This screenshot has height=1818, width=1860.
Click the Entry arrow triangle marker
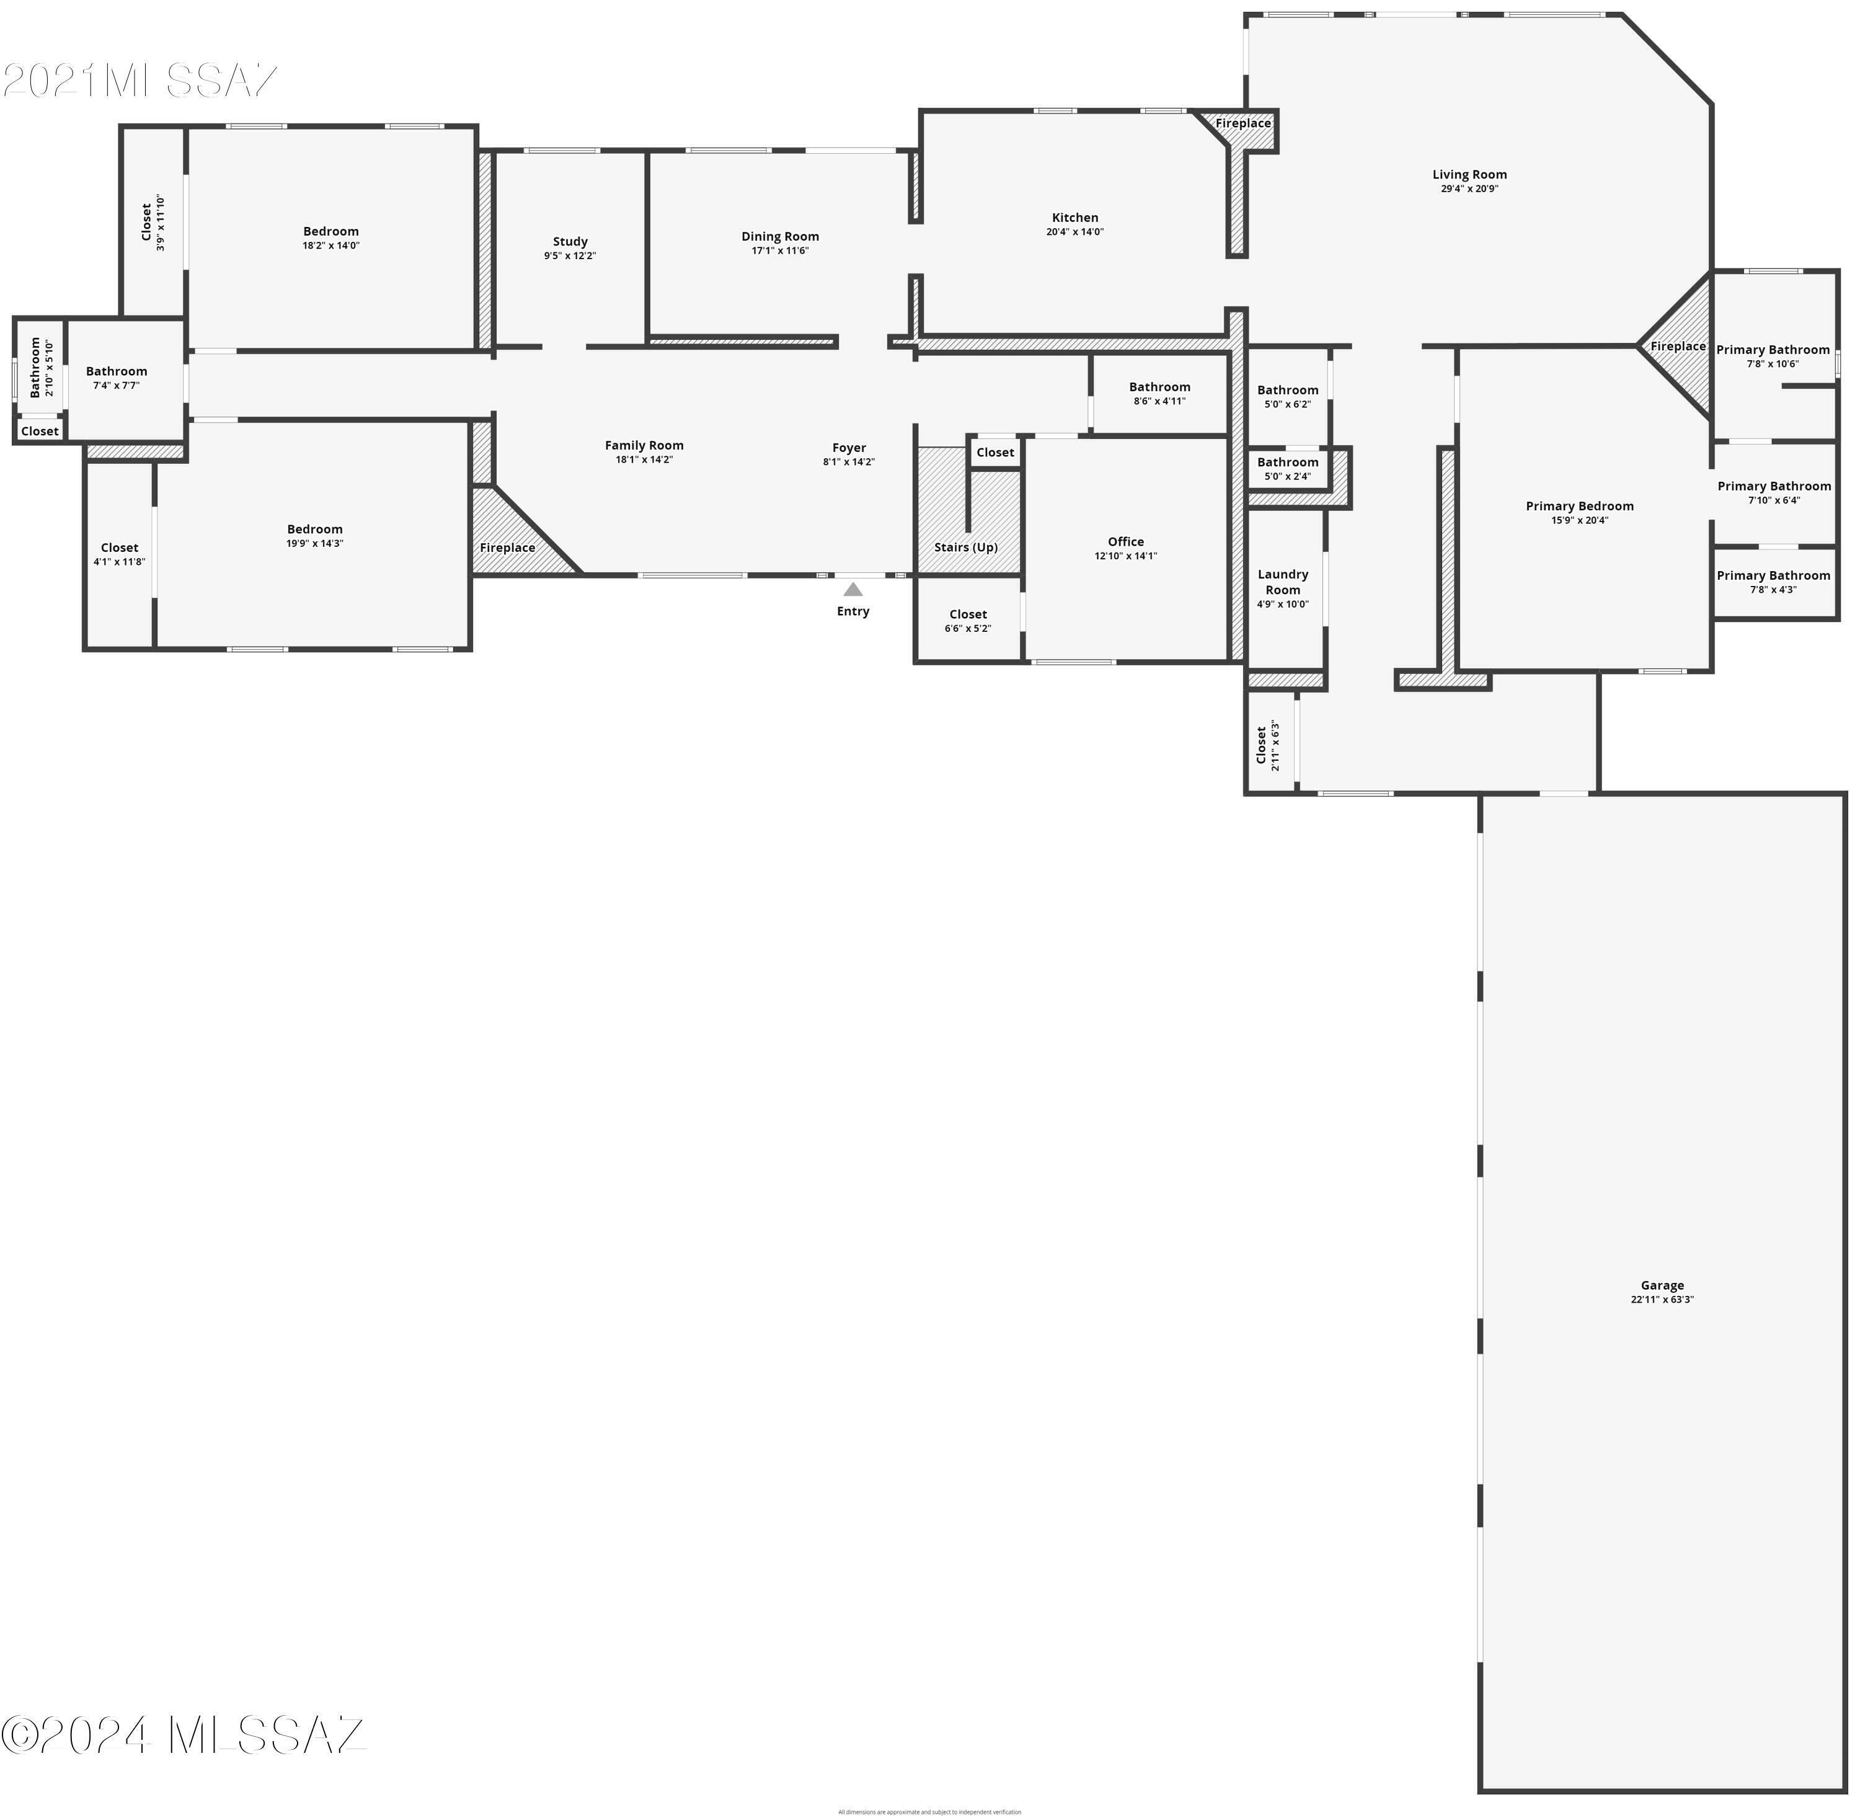[852, 589]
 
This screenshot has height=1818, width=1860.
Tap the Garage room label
[1662, 1285]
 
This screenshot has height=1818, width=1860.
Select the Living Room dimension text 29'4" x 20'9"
[1469, 189]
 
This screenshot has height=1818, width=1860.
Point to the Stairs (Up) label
[965, 547]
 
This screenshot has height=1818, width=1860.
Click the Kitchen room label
[1074, 218]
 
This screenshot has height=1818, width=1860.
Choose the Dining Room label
[779, 237]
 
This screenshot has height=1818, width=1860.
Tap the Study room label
[570, 242]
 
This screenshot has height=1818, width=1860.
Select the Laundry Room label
[1282, 582]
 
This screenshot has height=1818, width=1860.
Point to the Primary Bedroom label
[1579, 506]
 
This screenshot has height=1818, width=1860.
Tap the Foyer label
[848, 448]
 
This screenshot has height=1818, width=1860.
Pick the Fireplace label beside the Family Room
[507, 547]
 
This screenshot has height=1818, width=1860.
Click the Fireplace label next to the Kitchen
[1242, 123]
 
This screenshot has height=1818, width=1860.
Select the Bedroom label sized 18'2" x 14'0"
[330, 231]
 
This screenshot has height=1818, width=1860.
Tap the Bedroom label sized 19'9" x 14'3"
[314, 529]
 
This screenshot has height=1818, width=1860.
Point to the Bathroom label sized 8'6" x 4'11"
[1159, 387]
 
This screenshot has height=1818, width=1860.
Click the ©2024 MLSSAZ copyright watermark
[184, 1735]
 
